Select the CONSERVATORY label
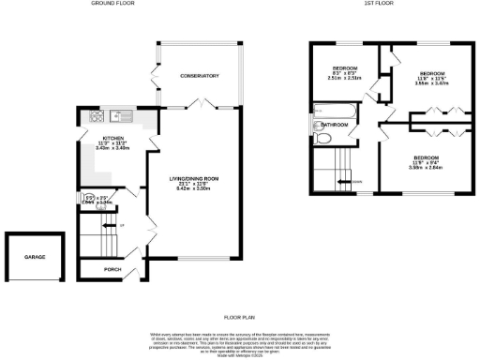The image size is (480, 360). click(199, 75)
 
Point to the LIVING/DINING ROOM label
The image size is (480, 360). click(193, 178)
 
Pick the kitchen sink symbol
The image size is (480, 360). click(115, 117)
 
